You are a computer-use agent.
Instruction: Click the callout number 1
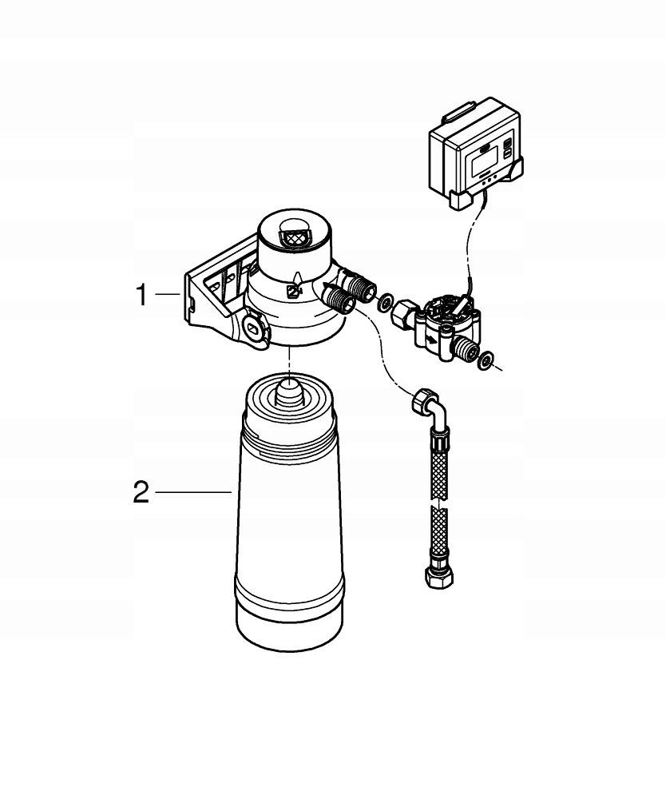point(141,296)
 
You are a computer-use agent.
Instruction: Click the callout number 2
point(141,492)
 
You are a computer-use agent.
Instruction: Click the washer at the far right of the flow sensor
point(484,361)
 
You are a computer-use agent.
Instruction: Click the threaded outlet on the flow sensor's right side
point(461,348)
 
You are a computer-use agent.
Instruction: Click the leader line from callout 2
point(192,493)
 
